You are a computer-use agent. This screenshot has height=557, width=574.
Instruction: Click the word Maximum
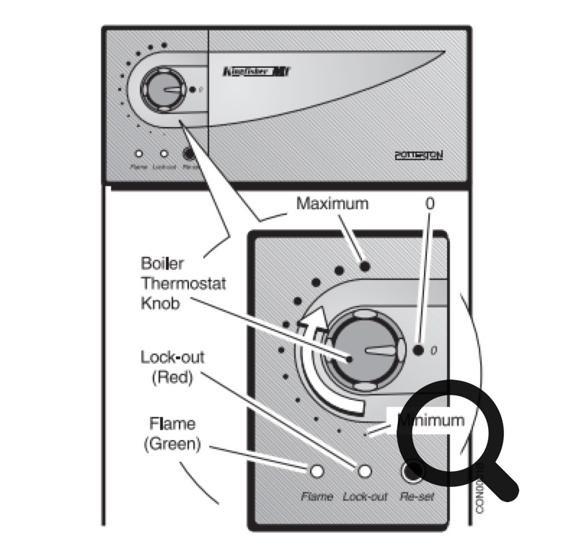(x=332, y=204)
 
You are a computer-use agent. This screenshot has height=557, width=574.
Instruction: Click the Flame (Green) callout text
(x=172, y=433)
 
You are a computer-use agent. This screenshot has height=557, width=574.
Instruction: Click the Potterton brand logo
(x=418, y=155)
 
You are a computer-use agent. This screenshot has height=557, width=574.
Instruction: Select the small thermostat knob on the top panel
(x=164, y=89)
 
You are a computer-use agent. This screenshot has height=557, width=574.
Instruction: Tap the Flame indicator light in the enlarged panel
(x=316, y=472)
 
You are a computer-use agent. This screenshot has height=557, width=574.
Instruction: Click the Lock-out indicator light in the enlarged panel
(x=366, y=472)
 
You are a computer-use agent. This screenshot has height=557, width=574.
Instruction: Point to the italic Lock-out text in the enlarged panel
(x=365, y=497)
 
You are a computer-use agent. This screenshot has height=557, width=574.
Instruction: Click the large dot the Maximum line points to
(x=366, y=267)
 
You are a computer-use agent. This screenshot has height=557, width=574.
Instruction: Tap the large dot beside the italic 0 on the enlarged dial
(x=419, y=351)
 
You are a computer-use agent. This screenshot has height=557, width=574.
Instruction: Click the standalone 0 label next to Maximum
(x=430, y=204)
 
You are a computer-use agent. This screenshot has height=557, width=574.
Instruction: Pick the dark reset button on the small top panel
(x=190, y=154)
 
